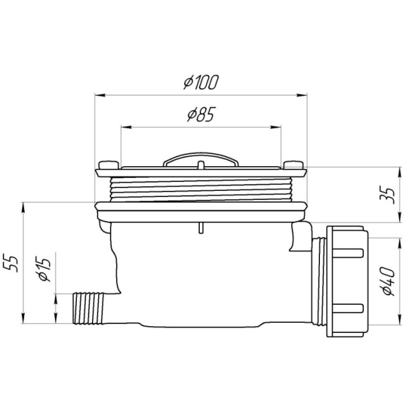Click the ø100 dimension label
201,82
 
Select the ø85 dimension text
201,114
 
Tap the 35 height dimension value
388,195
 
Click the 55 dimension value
10,263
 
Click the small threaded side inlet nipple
89,308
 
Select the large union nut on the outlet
345,281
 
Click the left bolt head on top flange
108,165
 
